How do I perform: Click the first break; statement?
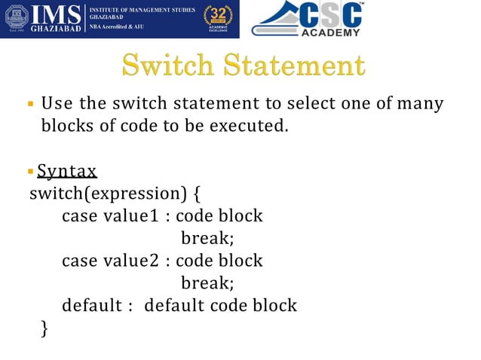click(207, 239)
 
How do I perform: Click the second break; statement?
click(207, 283)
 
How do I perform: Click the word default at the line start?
click(89, 306)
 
